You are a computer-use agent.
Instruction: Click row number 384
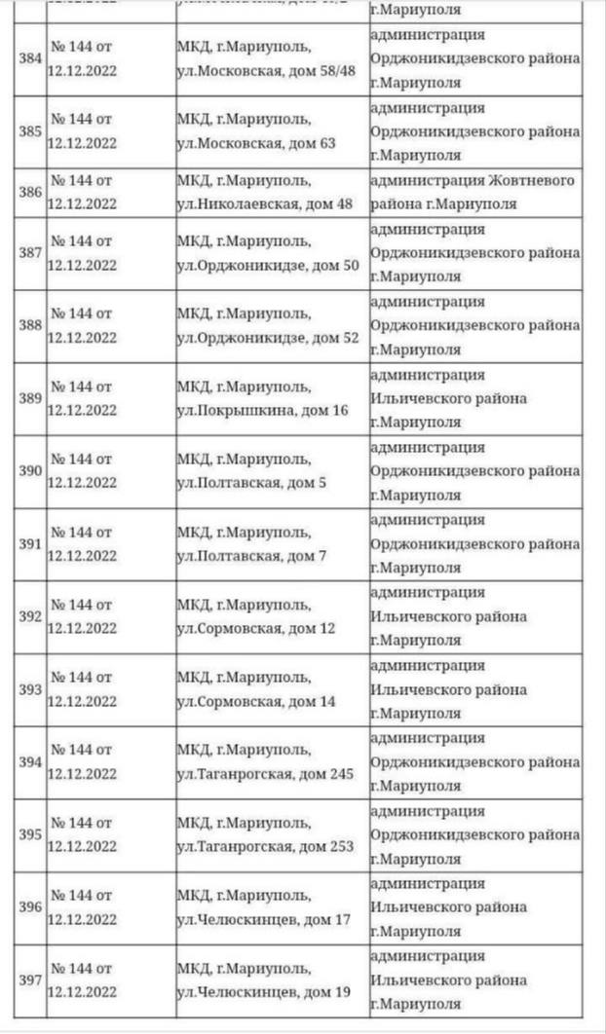[x=30, y=58]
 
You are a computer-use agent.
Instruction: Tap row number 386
[x=30, y=192]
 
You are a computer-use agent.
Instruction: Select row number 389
[x=30, y=398]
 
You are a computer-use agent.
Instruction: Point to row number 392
[x=30, y=616]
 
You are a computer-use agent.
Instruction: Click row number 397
[x=30, y=980]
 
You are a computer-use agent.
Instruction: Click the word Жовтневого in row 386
[x=530, y=180]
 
